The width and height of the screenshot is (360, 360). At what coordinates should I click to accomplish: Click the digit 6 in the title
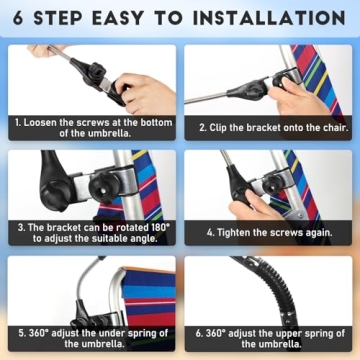tap(18, 18)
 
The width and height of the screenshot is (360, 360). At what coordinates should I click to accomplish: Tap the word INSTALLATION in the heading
tap(269, 18)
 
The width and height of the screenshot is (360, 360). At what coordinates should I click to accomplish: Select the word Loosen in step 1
tap(40, 122)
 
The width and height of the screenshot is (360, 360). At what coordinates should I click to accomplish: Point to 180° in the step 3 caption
tap(157, 228)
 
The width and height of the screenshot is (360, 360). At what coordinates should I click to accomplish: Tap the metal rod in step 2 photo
tap(206, 98)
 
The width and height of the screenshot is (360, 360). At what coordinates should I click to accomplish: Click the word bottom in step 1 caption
tap(156, 122)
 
